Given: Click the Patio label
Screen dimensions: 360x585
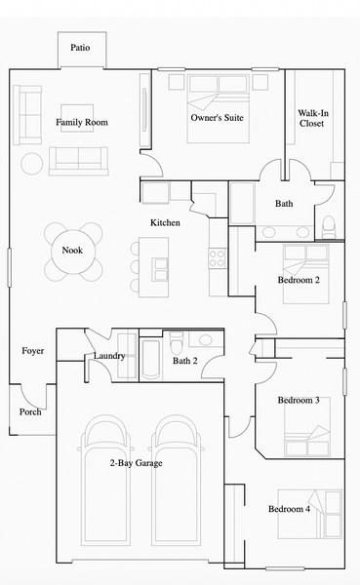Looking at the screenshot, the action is point(80,48).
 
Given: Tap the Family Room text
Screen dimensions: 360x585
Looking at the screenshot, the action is point(82,123).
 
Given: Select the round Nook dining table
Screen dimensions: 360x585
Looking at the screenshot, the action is point(73,252).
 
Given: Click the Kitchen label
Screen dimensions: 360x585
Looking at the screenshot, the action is point(165,222).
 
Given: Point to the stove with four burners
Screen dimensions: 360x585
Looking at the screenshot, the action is point(217,258).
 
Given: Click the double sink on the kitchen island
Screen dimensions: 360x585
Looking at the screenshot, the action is point(161,269).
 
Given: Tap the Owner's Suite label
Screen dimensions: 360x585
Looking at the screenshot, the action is point(217,118).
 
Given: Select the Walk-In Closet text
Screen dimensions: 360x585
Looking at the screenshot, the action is point(313,118).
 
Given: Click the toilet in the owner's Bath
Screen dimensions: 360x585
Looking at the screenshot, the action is point(329,227).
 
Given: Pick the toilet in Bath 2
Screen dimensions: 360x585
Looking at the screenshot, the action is point(177,342).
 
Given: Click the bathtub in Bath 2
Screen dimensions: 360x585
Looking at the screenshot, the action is point(151,359).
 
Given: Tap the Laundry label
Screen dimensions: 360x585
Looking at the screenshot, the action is point(109,356).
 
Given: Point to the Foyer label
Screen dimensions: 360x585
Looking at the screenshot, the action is point(33,351).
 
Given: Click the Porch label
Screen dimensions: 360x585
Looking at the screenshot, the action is point(30,411).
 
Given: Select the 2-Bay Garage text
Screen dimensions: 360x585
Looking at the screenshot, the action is point(136,463).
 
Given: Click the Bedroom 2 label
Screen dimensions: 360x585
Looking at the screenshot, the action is point(299,280).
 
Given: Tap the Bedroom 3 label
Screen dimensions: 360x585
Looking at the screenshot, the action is point(299,401).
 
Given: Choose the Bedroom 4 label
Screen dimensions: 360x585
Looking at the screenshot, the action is point(289,509).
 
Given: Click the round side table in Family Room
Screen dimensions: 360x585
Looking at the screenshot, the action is point(32,164).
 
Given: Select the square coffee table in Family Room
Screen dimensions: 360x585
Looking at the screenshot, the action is point(77,118).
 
